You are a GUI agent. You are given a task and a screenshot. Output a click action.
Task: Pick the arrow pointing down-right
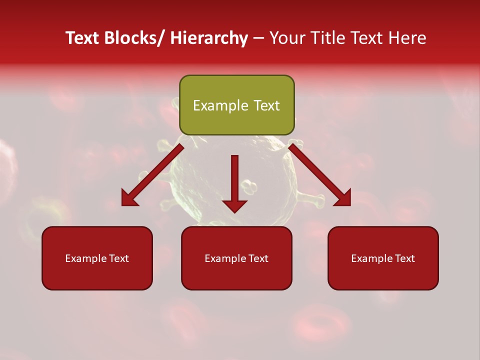click(x=320, y=175)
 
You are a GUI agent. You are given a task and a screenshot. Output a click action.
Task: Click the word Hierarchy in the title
click(x=209, y=38)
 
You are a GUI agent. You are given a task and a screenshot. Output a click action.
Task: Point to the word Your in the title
click(x=286, y=38)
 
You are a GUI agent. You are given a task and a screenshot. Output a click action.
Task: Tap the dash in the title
click(x=258, y=38)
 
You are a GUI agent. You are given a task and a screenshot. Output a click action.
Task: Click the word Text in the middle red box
click(x=257, y=258)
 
